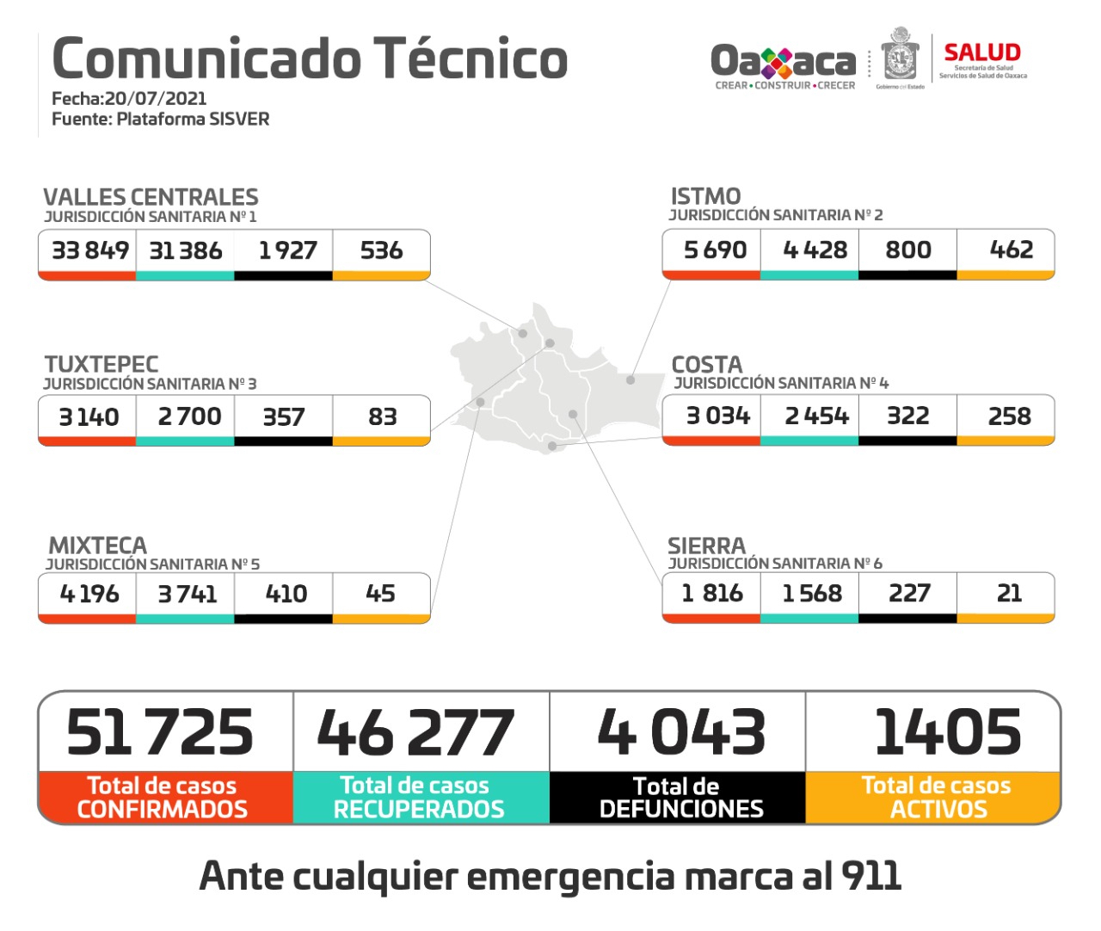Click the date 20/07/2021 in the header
coord(156,98)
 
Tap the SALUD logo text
coord(981,52)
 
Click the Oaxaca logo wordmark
coord(783,61)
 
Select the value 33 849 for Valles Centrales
coord(89,250)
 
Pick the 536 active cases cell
coord(381,250)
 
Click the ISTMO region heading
coord(705,196)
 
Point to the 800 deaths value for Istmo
coord(907,250)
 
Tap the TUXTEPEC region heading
coord(101,364)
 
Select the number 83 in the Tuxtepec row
coord(382,416)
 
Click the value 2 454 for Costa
coord(815,416)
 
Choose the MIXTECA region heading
coord(98,546)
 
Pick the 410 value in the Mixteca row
coord(286,594)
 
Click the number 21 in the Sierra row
coord(1008,593)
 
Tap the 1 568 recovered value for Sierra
coord(811,593)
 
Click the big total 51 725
coord(160,733)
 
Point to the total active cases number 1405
coord(947,733)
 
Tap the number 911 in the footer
coord(870,876)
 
